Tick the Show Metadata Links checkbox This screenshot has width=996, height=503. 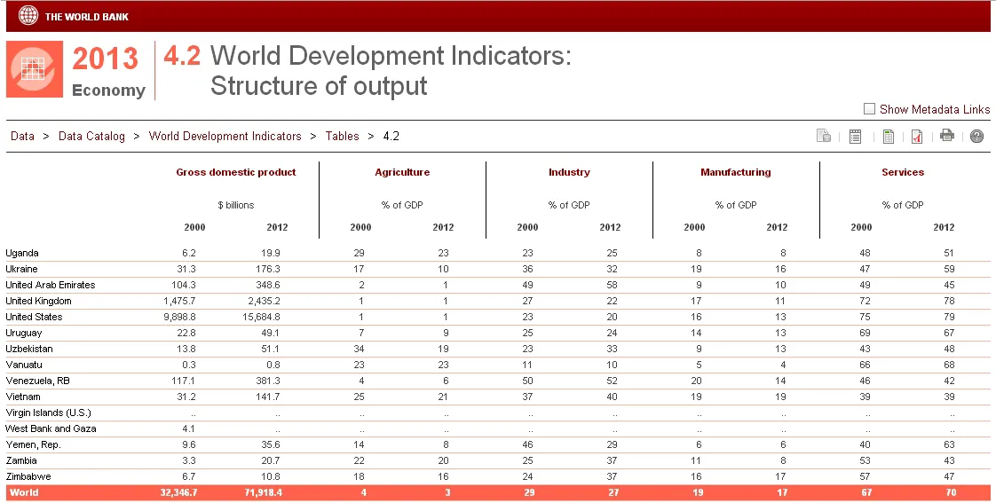coord(869,109)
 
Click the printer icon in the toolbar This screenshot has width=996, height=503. coord(947,135)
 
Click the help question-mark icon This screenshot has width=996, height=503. coord(977,136)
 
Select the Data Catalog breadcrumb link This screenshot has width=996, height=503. coord(91,136)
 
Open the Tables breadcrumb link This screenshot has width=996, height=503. coord(343,136)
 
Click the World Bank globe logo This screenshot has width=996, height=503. coord(28,15)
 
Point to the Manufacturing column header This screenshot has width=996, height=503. coord(736,172)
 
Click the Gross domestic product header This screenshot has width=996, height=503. coord(236,172)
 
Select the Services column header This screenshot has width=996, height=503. coord(903,172)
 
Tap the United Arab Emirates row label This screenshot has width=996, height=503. coord(51,285)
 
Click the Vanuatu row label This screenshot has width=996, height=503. coord(23,365)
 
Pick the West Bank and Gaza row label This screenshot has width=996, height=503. coord(51,428)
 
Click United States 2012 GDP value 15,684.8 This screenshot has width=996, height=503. coord(261,317)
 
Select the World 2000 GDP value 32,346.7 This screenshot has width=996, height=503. coord(178,492)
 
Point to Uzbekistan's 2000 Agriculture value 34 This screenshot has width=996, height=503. coord(359,349)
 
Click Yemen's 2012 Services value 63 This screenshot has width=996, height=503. coord(949,444)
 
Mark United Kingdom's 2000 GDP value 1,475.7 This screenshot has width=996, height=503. coord(179,301)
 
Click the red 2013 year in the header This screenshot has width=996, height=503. coord(105,59)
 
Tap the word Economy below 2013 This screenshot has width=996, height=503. coord(108,90)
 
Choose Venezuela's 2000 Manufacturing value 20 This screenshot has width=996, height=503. coord(696,381)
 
